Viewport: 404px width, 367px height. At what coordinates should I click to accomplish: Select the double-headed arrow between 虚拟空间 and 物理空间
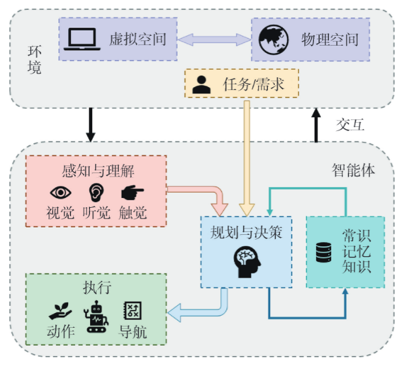point(213,39)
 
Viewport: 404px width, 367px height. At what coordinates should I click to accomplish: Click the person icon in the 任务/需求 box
point(201,85)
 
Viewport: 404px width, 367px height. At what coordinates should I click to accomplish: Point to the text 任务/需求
point(253,85)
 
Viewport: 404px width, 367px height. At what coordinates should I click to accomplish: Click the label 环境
point(35,60)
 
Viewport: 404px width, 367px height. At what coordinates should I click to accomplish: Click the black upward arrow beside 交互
point(316,126)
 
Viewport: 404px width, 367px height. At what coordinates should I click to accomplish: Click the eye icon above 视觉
point(61,193)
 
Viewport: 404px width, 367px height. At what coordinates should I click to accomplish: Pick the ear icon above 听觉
point(95,192)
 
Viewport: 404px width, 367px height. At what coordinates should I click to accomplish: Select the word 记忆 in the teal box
point(356,253)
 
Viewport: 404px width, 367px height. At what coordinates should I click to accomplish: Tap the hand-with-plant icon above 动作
point(60,311)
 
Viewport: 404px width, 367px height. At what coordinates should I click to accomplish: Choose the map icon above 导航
point(133,311)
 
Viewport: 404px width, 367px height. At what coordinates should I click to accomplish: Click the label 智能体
point(353,171)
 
